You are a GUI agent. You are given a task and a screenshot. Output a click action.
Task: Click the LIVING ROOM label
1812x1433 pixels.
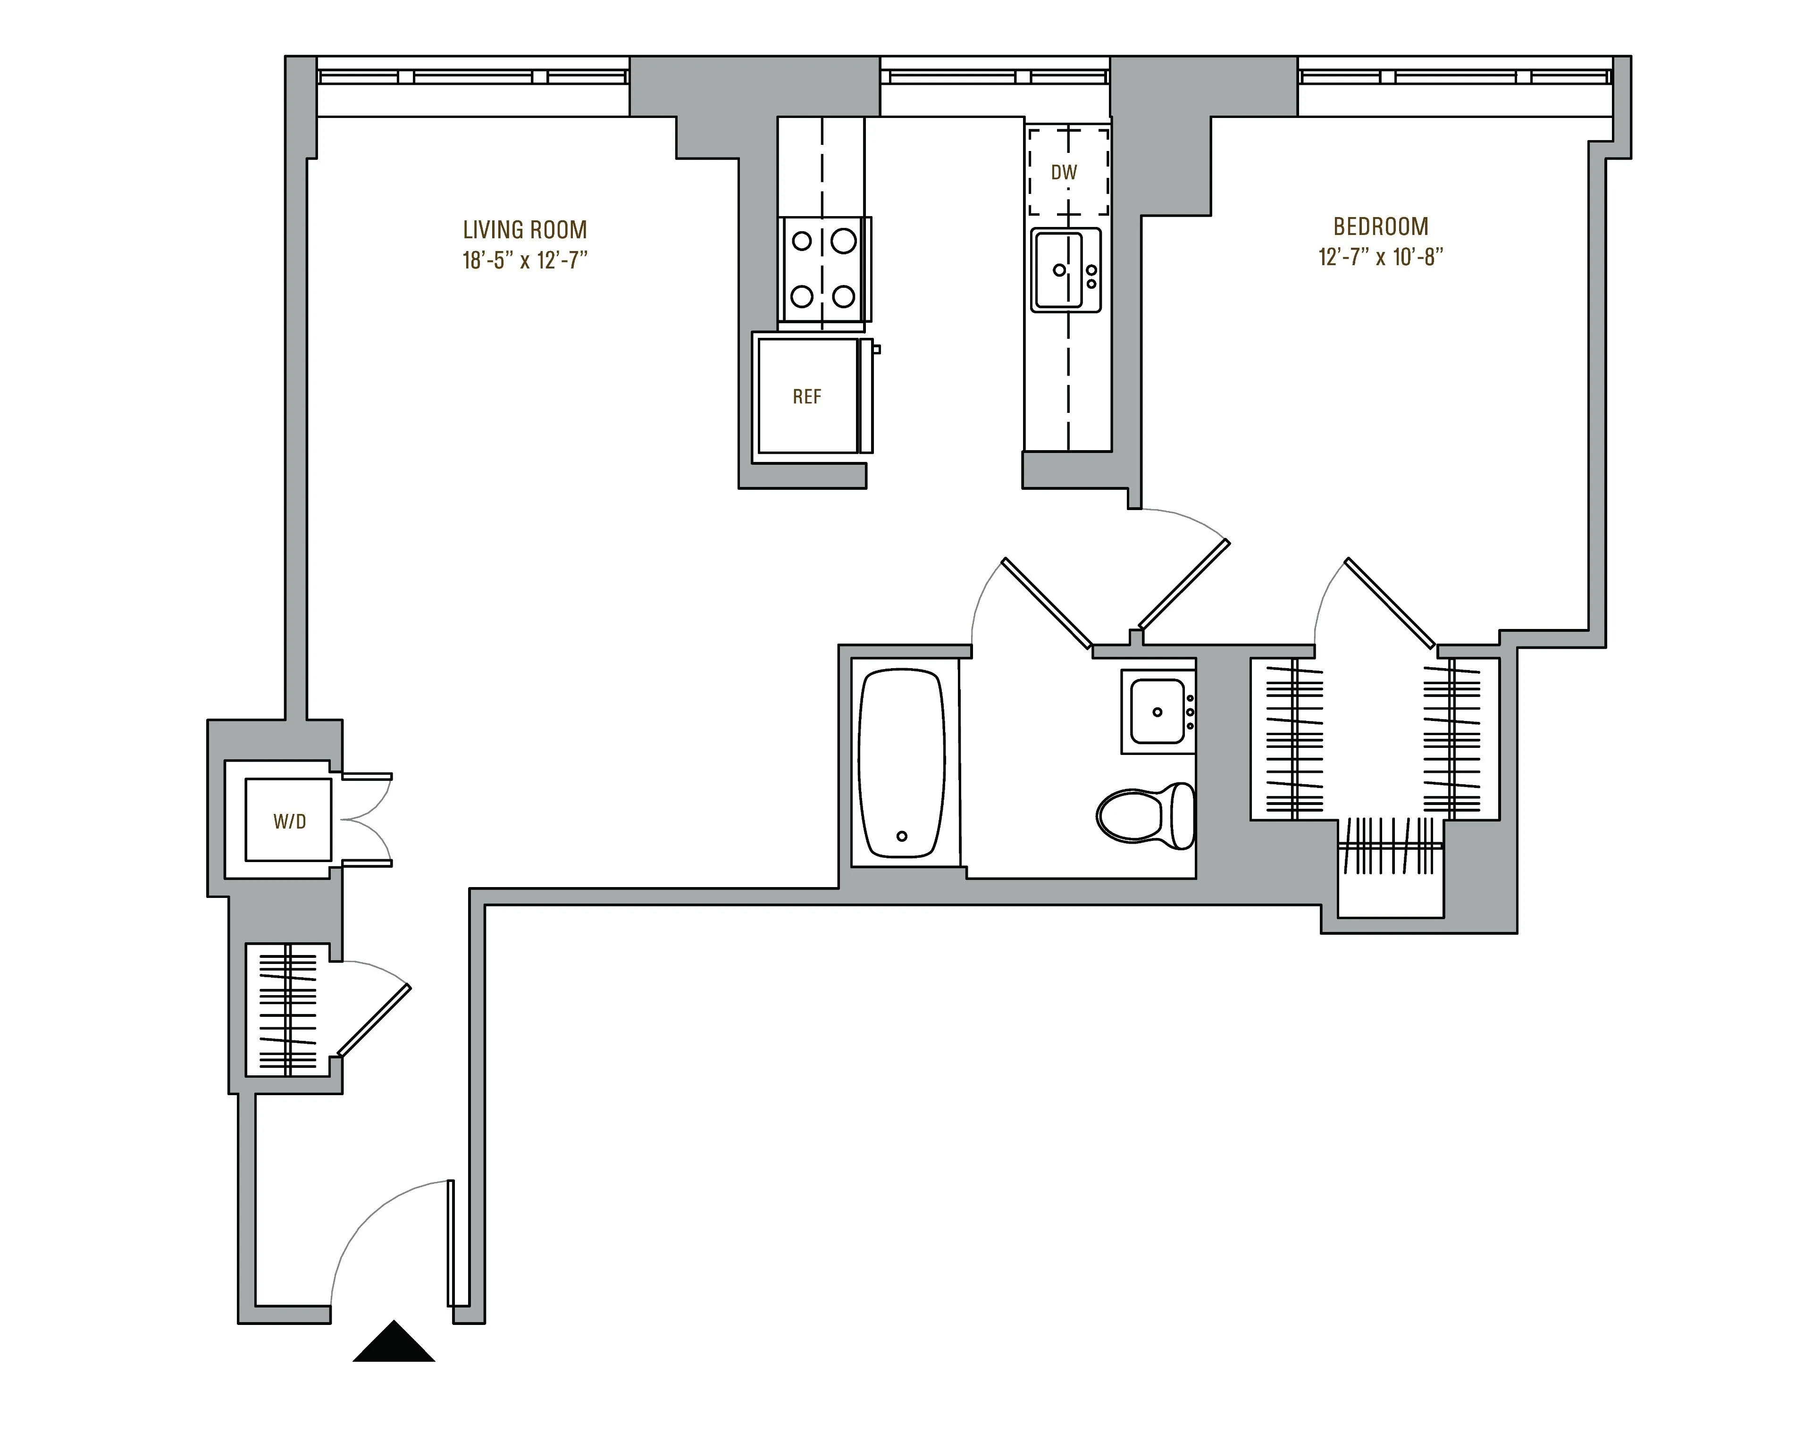[524, 230]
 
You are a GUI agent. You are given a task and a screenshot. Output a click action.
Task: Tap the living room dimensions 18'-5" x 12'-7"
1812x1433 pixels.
[524, 260]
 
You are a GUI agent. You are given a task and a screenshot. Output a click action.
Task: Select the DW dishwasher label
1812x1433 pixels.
[1064, 173]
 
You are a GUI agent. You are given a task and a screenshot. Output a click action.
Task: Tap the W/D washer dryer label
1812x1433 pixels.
[289, 822]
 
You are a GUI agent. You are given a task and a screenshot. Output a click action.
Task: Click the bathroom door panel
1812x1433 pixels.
[1048, 604]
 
